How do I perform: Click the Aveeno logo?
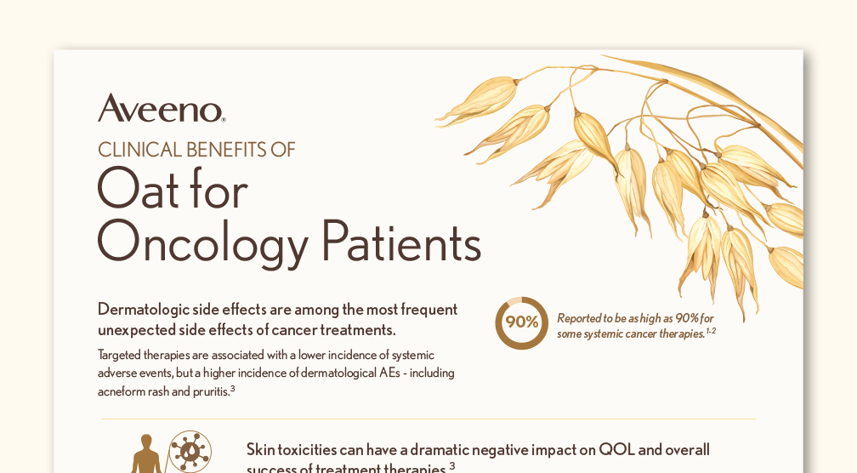click(162, 108)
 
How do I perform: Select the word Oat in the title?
click(139, 188)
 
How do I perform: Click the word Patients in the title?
click(401, 240)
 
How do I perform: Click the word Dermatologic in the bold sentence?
click(143, 310)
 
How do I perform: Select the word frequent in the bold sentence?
click(429, 310)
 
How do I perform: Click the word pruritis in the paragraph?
click(211, 391)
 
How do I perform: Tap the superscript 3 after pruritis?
click(233, 389)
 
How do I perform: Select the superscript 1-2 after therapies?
click(711, 331)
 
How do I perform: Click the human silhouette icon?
click(146, 454)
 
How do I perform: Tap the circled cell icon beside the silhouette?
click(190, 452)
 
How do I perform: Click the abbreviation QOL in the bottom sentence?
click(616, 450)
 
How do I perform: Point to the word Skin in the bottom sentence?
click(261, 450)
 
